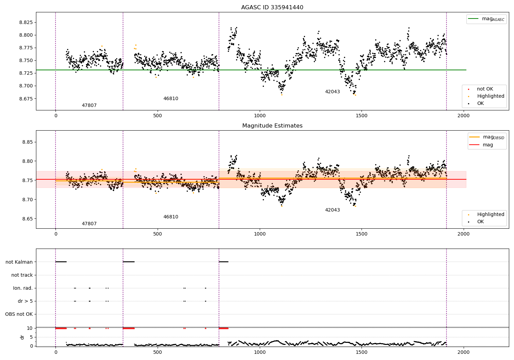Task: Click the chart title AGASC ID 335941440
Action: (x=272, y=8)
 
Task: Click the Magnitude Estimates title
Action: (x=272, y=126)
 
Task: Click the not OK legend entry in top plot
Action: (x=485, y=89)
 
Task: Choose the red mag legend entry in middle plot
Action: (x=488, y=145)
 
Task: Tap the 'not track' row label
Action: (x=22, y=275)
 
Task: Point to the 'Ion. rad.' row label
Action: (x=23, y=288)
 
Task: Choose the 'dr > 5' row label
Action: (x=25, y=301)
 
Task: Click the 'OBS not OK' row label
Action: (x=19, y=314)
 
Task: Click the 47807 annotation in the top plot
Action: (x=89, y=106)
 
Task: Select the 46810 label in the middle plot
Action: (x=171, y=217)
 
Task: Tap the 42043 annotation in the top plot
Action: (x=332, y=92)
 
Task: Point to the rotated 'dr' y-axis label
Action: (x=22, y=337)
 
